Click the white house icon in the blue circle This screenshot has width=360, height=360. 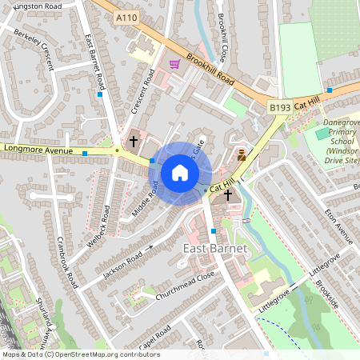(x=180, y=172)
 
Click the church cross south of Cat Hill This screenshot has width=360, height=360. (x=228, y=194)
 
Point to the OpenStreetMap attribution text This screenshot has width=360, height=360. (x=80, y=354)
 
